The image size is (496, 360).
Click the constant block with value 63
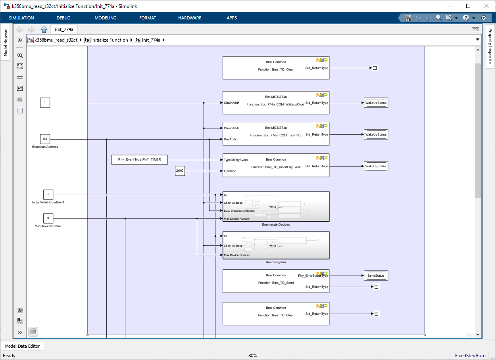[45, 139]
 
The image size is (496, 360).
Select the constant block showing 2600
[180, 171]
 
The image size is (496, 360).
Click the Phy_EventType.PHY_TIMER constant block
[140, 160]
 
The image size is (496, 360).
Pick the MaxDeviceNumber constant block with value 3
[48, 218]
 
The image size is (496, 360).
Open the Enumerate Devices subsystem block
[276, 207]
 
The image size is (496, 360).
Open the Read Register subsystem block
[276, 245]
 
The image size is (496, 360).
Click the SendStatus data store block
[376, 276]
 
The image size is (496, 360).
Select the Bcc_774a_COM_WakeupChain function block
[276, 103]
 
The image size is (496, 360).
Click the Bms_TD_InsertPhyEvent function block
[276, 165]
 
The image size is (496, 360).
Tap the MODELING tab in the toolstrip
[106, 18]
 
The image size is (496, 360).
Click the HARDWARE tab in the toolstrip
[190, 18]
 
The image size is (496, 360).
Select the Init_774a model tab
[64, 29]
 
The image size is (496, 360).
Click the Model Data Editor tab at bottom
[23, 346]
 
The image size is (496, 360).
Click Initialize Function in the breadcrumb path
[110, 40]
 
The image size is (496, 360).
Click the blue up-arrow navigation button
[44, 29]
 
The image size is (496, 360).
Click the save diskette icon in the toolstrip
[408, 18]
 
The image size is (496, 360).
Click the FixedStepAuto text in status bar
[470, 356]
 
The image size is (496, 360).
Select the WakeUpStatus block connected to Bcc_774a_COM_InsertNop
[376, 134]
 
